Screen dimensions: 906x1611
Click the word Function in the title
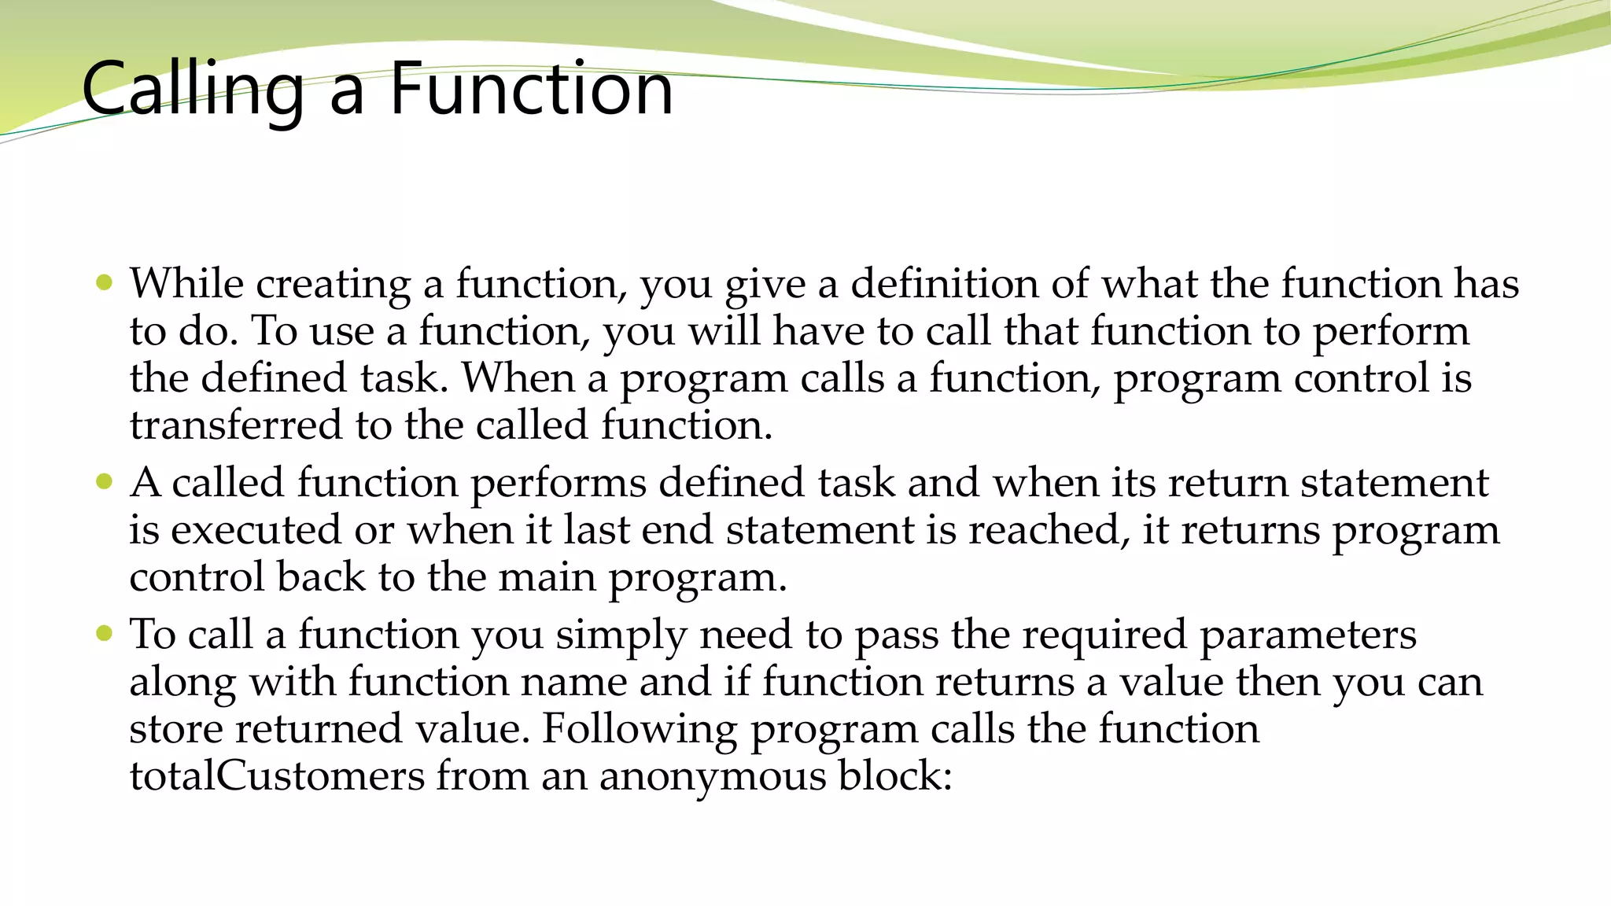point(531,89)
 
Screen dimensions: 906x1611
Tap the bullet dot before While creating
point(104,282)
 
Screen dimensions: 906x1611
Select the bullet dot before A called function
point(104,481)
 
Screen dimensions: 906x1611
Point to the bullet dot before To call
point(104,633)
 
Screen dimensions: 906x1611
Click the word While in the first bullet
point(186,283)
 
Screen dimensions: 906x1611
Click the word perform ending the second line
point(1390,332)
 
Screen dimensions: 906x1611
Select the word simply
point(621,635)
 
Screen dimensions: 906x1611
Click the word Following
point(639,730)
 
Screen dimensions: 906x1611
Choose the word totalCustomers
point(277,776)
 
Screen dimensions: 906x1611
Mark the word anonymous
point(712,777)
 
